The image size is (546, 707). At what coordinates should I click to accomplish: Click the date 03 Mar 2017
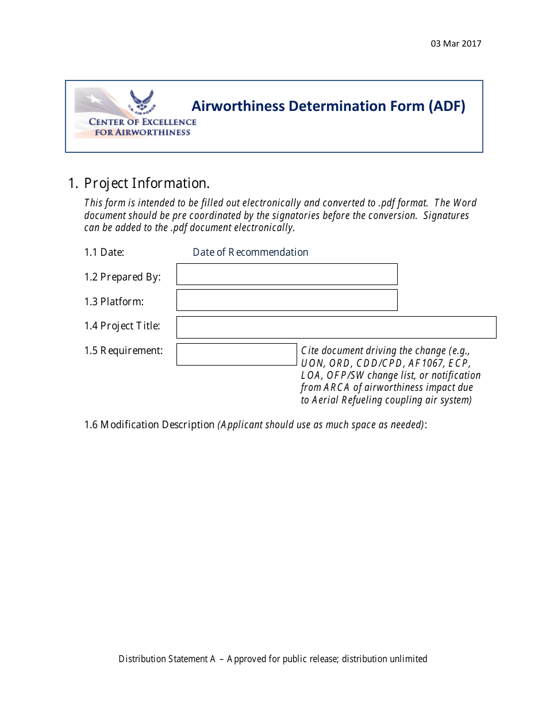[x=456, y=44]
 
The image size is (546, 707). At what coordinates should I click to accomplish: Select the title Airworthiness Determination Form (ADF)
[x=328, y=106]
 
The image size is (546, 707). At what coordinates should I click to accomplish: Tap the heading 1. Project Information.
[x=139, y=183]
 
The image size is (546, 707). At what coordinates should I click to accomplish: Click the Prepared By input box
[x=287, y=274]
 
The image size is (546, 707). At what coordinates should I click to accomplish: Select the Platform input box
[x=287, y=300]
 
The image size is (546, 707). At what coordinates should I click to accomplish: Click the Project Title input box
[x=336, y=327]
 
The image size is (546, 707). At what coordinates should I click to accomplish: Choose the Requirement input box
[x=236, y=354]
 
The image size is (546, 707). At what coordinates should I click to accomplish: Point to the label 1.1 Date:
[x=104, y=252]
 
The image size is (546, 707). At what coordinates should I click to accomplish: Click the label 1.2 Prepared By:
[x=122, y=277]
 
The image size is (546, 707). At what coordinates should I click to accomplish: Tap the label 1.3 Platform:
[x=114, y=302]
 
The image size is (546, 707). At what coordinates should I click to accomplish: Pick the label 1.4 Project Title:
[x=122, y=326]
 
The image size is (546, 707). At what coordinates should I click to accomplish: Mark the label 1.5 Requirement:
[x=124, y=351]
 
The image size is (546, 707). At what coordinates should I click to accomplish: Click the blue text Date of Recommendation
[x=250, y=252]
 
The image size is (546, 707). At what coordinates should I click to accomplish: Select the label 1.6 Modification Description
[x=149, y=425]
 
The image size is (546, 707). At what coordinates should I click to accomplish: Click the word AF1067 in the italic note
[x=425, y=363]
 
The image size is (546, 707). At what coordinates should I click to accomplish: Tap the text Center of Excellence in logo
[x=142, y=122]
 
